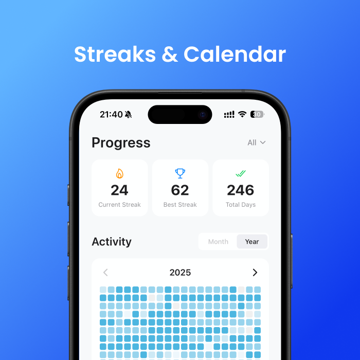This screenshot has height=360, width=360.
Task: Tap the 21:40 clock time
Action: tap(111, 114)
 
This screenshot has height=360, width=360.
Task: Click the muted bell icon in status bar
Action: tap(128, 114)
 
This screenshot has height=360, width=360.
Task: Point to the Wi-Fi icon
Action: tap(242, 114)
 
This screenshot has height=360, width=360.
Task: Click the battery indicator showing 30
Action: tap(257, 114)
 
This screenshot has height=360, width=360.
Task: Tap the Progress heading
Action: tap(121, 142)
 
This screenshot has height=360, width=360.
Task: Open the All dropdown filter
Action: tap(256, 142)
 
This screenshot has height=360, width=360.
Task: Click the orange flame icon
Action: tap(119, 174)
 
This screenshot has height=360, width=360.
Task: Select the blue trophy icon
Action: tap(180, 174)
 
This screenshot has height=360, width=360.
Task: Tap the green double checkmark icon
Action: tap(240, 174)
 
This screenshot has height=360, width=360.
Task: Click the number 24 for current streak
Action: tap(119, 190)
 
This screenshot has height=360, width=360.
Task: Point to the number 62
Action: tap(180, 190)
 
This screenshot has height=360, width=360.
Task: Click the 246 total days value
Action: tap(241, 190)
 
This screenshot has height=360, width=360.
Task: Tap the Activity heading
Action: tap(112, 242)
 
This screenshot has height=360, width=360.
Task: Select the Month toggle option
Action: tap(218, 242)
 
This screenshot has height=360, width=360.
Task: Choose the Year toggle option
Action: tap(252, 242)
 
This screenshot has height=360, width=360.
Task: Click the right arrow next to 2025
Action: tap(255, 273)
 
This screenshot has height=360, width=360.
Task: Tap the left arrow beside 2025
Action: tap(105, 273)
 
